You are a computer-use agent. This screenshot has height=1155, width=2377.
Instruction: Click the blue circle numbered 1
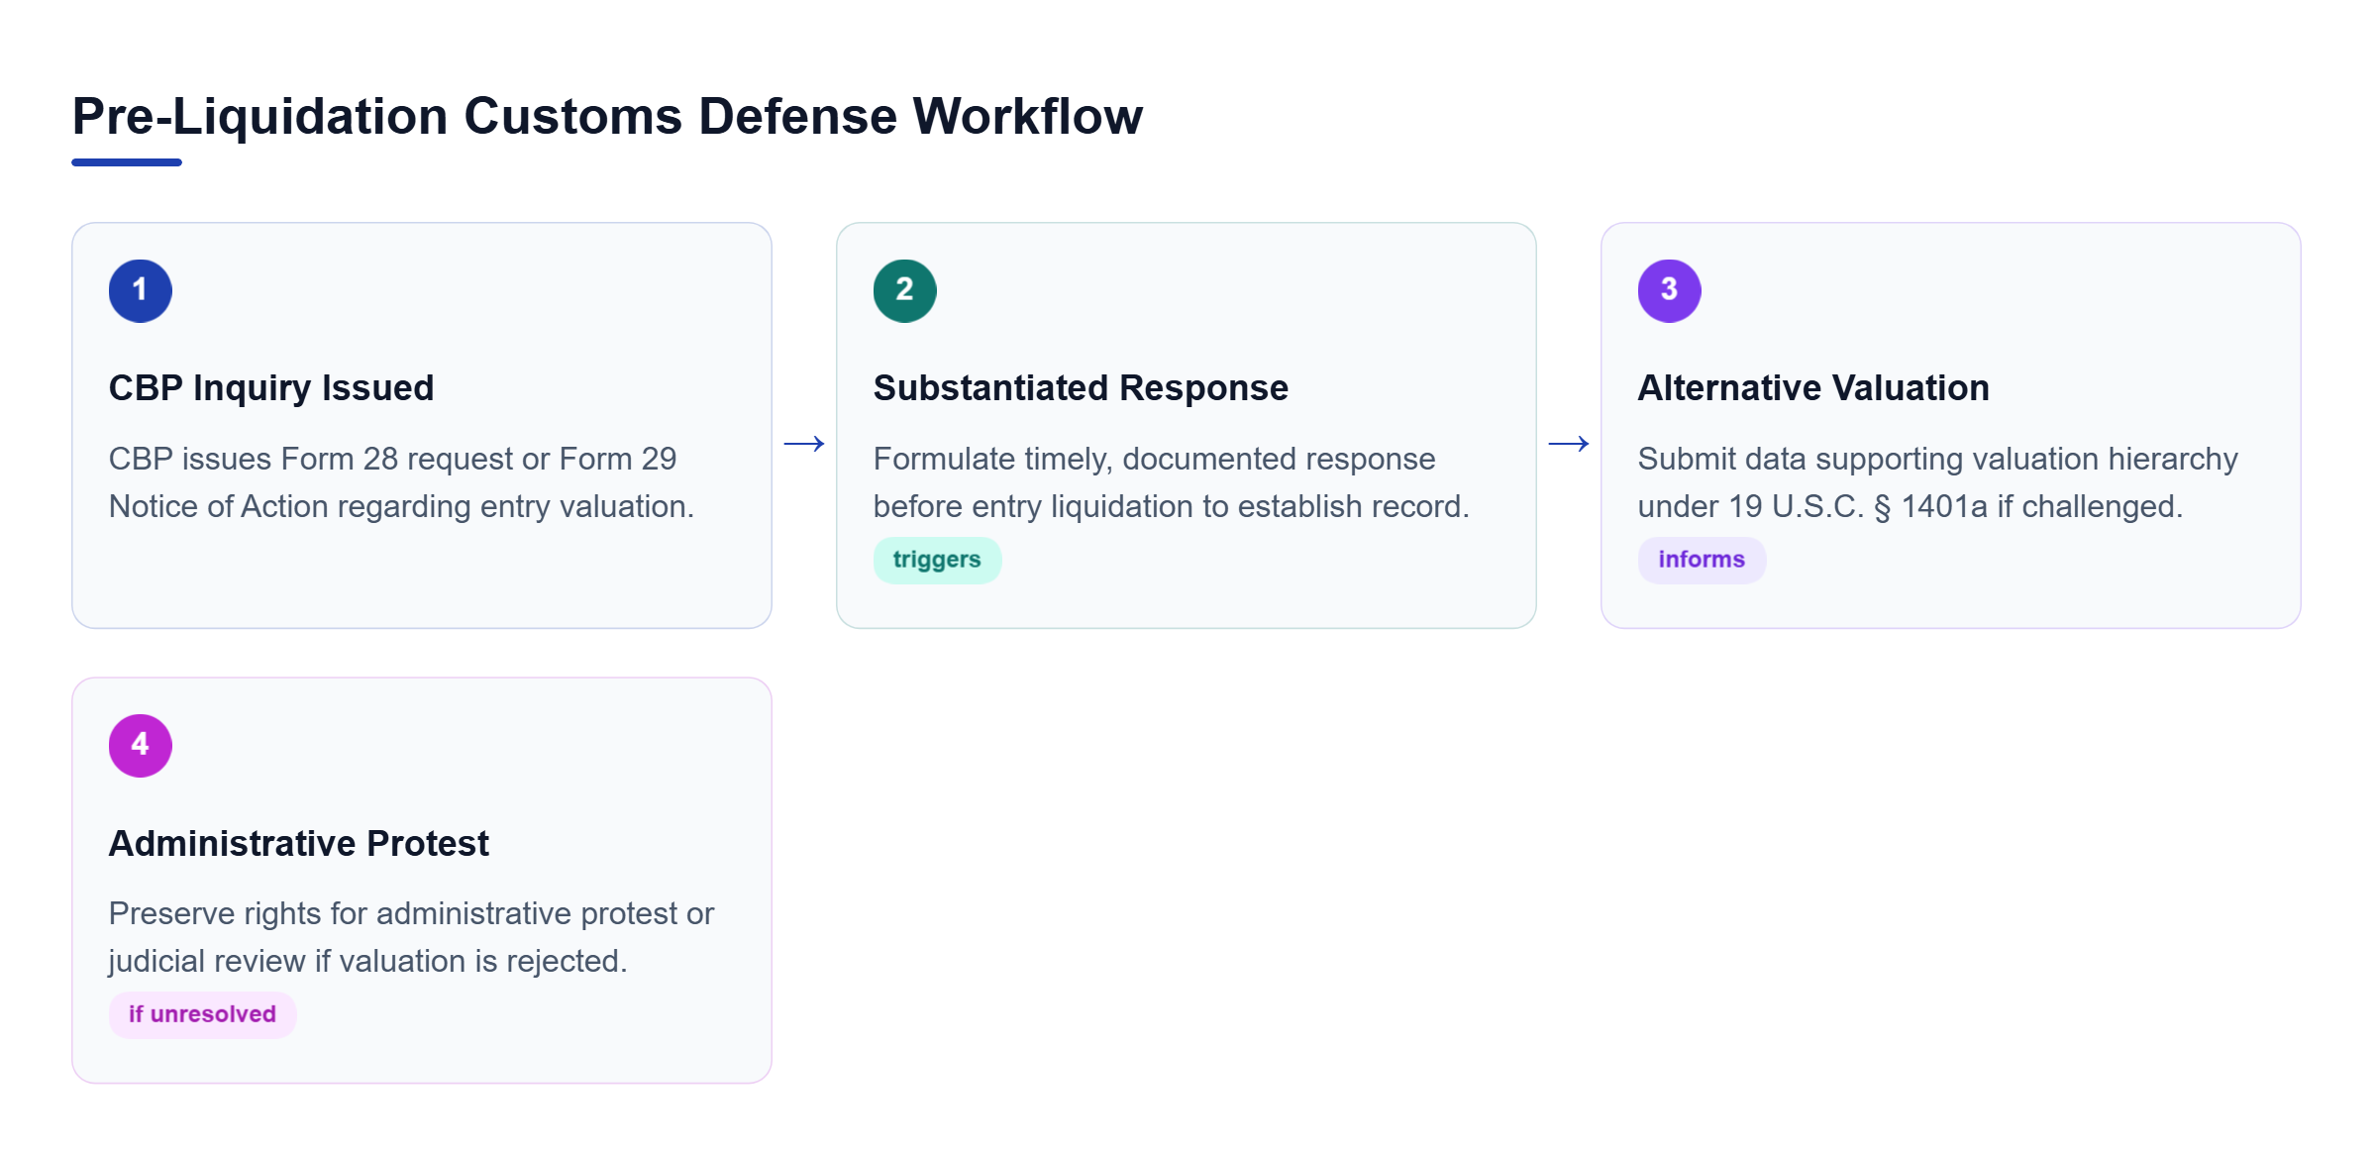coord(141,291)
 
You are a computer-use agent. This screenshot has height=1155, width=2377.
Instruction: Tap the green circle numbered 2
coord(905,291)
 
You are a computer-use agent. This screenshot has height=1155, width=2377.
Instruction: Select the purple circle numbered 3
coord(1670,291)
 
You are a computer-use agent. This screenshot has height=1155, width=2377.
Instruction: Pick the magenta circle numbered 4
coord(141,746)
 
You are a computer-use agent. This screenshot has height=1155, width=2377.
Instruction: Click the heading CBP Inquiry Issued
coord(271,388)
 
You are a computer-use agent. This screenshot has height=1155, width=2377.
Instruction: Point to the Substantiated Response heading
coord(1081,388)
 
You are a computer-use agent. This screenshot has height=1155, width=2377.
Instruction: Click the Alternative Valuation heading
coord(1813,388)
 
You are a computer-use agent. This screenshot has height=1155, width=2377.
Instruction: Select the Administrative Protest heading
coord(299,843)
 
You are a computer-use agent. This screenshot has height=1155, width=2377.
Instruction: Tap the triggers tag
coord(937,561)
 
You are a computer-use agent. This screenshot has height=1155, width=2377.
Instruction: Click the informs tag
coord(1702,561)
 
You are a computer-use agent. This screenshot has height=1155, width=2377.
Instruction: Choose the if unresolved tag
coord(202,1015)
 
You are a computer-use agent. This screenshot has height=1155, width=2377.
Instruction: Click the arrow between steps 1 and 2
coord(804,444)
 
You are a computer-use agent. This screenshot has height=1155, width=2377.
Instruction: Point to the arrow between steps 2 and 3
coord(1569,444)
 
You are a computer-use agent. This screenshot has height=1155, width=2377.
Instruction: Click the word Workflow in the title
coord(1028,116)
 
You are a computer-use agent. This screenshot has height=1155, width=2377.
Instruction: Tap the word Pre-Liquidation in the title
coord(260,118)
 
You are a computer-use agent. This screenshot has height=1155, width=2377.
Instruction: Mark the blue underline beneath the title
coord(127,162)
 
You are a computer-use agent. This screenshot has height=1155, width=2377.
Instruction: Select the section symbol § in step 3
coord(1882,507)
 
